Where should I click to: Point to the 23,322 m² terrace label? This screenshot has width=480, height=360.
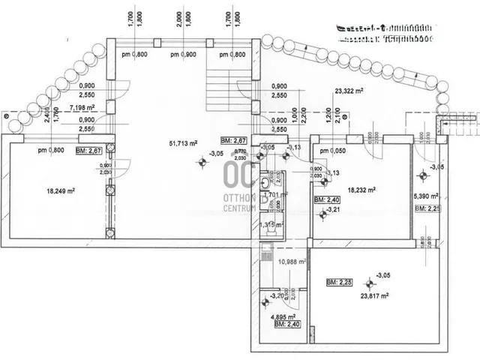tap(349, 92)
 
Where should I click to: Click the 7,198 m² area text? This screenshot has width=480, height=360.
tap(83, 108)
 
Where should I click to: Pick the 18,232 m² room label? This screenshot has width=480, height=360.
tap(361, 190)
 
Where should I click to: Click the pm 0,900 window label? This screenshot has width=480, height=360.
tap(182, 54)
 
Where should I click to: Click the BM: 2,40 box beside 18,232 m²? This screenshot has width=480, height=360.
tap(328, 201)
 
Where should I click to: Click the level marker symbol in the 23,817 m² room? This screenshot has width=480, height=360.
tap(368, 284)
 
